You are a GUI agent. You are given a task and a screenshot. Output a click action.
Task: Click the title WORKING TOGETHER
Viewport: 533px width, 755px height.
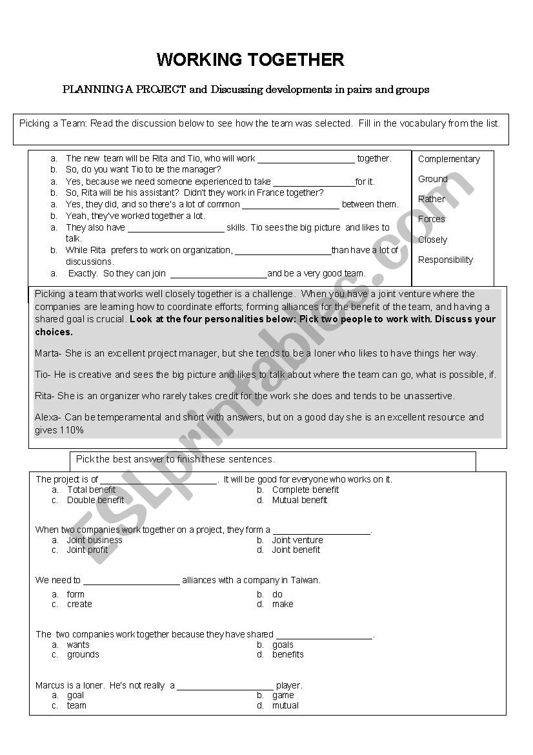pyautogui.click(x=250, y=60)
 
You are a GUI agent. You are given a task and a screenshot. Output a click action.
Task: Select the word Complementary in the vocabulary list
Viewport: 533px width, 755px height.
pyautogui.click(x=448, y=159)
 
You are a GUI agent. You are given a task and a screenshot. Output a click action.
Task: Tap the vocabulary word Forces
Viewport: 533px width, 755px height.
pyautogui.click(x=431, y=219)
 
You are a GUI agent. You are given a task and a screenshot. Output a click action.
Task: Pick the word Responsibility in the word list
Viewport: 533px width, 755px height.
pyautogui.click(x=445, y=260)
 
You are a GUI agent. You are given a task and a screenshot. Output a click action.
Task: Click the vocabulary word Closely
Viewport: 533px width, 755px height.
pyautogui.click(x=432, y=240)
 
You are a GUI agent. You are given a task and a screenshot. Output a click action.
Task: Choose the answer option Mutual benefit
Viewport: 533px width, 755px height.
pyautogui.click(x=299, y=500)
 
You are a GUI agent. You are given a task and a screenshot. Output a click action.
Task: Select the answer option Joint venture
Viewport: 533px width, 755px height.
pyautogui.click(x=297, y=540)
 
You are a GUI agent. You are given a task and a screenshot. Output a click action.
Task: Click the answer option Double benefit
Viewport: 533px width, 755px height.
pyautogui.click(x=96, y=500)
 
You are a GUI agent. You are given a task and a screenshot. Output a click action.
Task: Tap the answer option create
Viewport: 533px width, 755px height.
pyautogui.click(x=79, y=604)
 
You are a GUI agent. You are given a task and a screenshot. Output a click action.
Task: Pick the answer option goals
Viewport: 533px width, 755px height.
pyautogui.click(x=283, y=645)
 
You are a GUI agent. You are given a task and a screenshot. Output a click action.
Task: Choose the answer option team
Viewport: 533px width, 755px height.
pyautogui.click(x=77, y=705)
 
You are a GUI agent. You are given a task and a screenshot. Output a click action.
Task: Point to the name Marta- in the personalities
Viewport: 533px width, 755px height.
pyautogui.click(x=48, y=353)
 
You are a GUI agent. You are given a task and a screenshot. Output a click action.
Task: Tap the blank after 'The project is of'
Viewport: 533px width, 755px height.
pyautogui.click(x=159, y=480)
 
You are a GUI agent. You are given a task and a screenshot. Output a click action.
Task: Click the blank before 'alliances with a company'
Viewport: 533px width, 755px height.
pyautogui.click(x=131, y=581)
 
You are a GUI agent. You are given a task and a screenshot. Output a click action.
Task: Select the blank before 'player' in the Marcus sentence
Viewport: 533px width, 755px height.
pyautogui.click(x=225, y=686)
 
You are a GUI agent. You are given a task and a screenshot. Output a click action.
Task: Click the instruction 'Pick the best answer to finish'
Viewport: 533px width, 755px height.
pyautogui.click(x=176, y=459)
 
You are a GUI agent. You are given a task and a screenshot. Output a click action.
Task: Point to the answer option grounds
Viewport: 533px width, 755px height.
pyautogui.click(x=83, y=654)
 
